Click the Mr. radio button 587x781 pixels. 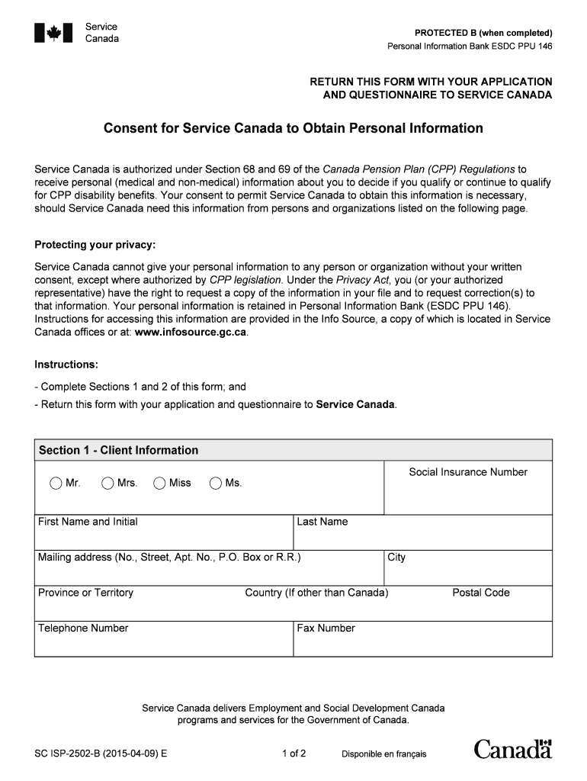point(56,483)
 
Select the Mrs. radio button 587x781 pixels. point(107,483)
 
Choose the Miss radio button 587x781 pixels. point(159,483)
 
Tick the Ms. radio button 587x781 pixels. point(216,483)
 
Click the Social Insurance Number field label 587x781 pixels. point(468,472)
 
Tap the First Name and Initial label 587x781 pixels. point(88,522)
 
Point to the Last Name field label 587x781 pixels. point(322,522)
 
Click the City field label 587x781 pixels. point(396,558)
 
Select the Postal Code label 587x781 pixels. point(481,593)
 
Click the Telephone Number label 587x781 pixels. point(83,628)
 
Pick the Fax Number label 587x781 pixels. point(326,628)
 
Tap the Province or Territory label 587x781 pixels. point(85,593)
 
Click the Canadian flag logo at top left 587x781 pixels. point(53,33)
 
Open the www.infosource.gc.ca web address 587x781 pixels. point(191,333)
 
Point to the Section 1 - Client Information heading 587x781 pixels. point(118,450)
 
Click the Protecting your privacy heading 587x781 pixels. point(95,245)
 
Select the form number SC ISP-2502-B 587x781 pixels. point(101,754)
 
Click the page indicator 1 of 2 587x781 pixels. point(293,754)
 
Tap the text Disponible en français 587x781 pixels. point(384,754)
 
